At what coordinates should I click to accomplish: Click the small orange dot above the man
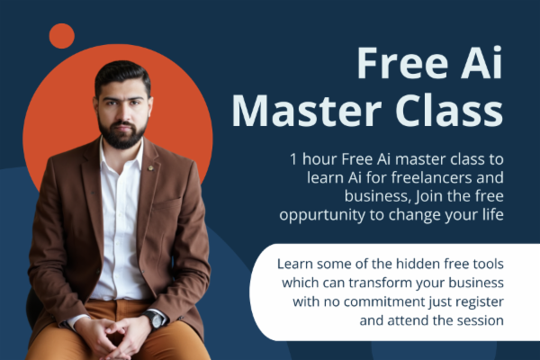61,36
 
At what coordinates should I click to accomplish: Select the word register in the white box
476,301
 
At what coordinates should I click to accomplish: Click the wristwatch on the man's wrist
156,319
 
